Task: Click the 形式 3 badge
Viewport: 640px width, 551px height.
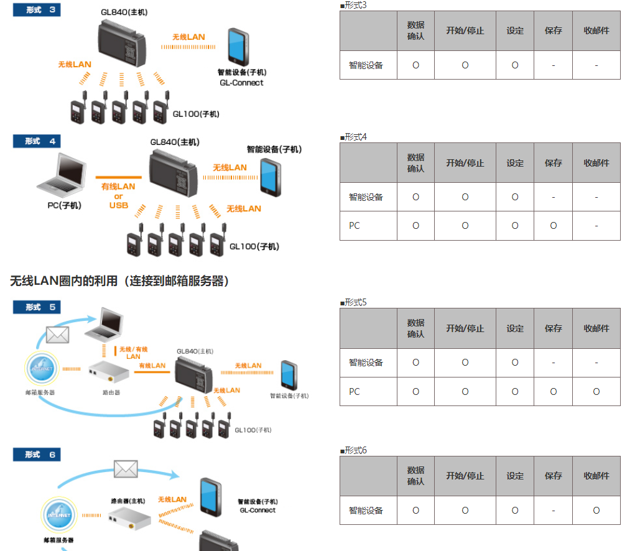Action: coord(37,10)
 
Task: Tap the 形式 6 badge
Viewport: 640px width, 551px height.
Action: coord(37,455)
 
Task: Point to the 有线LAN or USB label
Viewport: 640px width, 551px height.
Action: coord(118,196)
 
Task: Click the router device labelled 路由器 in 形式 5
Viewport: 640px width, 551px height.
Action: coord(108,372)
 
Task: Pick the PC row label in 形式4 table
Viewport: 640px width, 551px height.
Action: coord(355,226)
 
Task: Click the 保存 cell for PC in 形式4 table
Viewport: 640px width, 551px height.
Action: coord(553,226)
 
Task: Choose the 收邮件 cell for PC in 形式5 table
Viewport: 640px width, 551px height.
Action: coord(596,392)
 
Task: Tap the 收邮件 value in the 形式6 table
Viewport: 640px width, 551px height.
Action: coord(596,511)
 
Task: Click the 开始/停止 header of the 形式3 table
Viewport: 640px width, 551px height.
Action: coord(465,30)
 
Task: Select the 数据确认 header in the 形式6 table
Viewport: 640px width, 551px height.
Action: coord(415,476)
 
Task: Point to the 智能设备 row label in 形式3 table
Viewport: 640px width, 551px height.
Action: coord(366,65)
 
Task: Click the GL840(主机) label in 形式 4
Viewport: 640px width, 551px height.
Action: coord(175,142)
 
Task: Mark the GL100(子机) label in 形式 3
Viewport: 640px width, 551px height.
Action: coord(196,114)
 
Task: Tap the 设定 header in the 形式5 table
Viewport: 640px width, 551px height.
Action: coord(514,328)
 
